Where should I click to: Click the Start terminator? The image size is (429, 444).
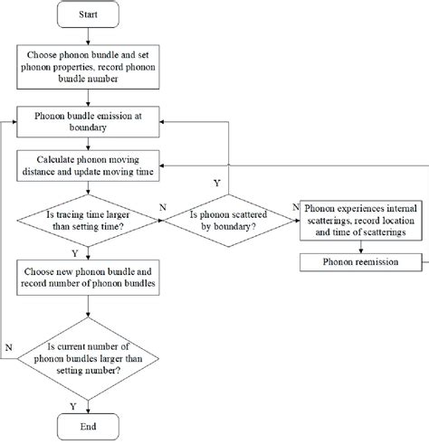(x=87, y=15)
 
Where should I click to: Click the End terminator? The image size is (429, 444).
(x=87, y=427)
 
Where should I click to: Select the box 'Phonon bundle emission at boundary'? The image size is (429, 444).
(x=87, y=122)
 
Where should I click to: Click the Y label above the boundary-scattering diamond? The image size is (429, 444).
(x=215, y=183)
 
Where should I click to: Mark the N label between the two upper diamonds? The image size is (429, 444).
(x=161, y=207)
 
